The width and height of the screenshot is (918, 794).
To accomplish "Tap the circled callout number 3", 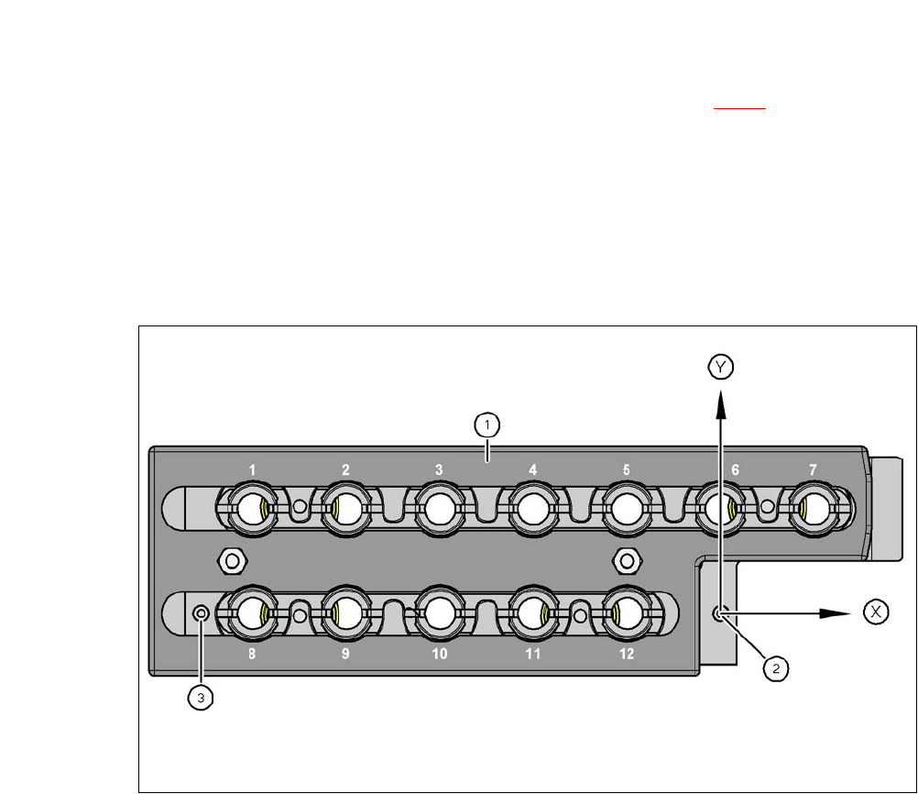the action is (201, 698).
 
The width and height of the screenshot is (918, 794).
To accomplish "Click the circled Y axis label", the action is (720, 368).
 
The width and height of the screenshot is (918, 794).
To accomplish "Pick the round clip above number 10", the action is (439, 612).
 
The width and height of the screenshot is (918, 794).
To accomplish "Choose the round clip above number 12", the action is (626, 612).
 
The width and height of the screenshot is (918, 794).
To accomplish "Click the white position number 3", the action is (439, 469).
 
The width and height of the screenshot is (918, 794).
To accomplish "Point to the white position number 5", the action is (626, 469).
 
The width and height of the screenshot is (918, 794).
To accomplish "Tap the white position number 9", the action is (345, 655).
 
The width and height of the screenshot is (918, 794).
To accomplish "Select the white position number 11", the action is (532, 655).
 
